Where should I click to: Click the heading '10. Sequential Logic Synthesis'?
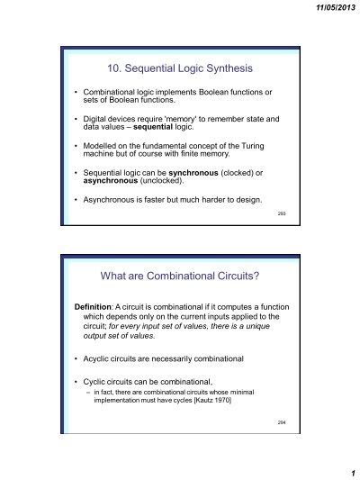click(x=179, y=67)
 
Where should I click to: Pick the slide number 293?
click(x=281, y=213)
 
